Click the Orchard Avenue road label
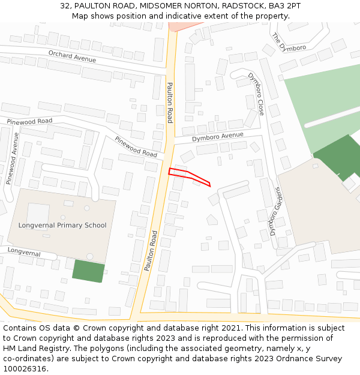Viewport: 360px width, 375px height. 72,58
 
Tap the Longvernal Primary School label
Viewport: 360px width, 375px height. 62,226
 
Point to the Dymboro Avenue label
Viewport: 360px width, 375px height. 218,136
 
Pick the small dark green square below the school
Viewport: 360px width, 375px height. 88,271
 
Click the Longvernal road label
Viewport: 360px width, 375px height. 24,253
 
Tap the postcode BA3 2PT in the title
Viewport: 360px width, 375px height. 286,6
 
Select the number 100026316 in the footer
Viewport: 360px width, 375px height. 23,368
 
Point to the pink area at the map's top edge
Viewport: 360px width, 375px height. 181,26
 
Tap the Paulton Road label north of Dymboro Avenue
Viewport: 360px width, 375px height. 170,102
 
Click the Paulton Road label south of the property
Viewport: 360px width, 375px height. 151,251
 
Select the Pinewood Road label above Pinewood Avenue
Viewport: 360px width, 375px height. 29,121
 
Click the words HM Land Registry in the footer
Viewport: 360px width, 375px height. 33,348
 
